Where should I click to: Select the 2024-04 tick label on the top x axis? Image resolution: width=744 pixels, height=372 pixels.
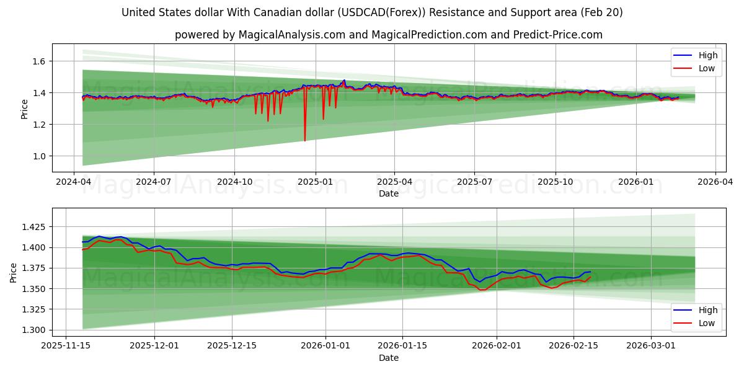pyautogui.click(x=74, y=182)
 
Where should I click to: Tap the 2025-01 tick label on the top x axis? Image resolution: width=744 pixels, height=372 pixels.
pyautogui.click(x=315, y=182)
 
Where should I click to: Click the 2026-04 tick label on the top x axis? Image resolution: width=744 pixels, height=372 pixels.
pyautogui.click(x=715, y=182)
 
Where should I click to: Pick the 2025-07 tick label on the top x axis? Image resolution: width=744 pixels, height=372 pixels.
pyautogui.click(x=474, y=182)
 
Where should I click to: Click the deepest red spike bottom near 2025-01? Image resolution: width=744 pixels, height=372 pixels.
pyautogui.click(x=304, y=140)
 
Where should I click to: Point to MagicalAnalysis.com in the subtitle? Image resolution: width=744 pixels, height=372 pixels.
pyautogui.click(x=291, y=35)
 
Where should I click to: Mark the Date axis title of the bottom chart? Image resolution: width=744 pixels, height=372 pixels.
pyautogui.click(x=389, y=358)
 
